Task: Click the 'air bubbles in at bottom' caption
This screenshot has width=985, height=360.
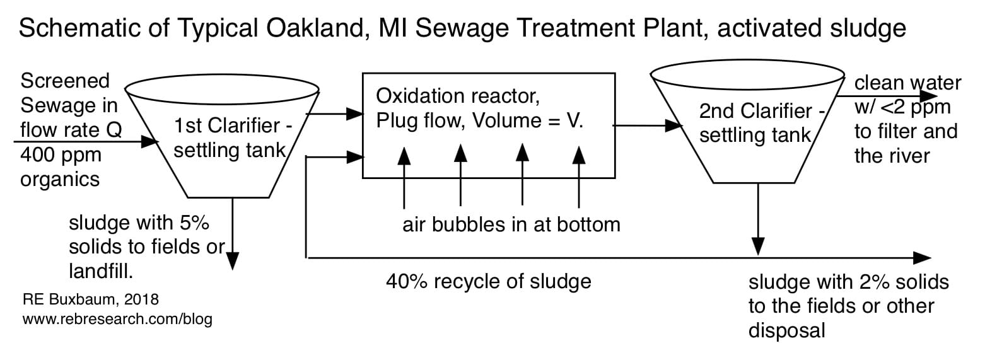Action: [x=511, y=224]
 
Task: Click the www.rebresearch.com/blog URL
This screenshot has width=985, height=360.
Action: [x=117, y=319]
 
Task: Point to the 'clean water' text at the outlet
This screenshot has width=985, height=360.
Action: [x=907, y=83]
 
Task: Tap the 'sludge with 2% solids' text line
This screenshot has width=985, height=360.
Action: [x=848, y=282]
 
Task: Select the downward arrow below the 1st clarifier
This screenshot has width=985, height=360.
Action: [x=233, y=233]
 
